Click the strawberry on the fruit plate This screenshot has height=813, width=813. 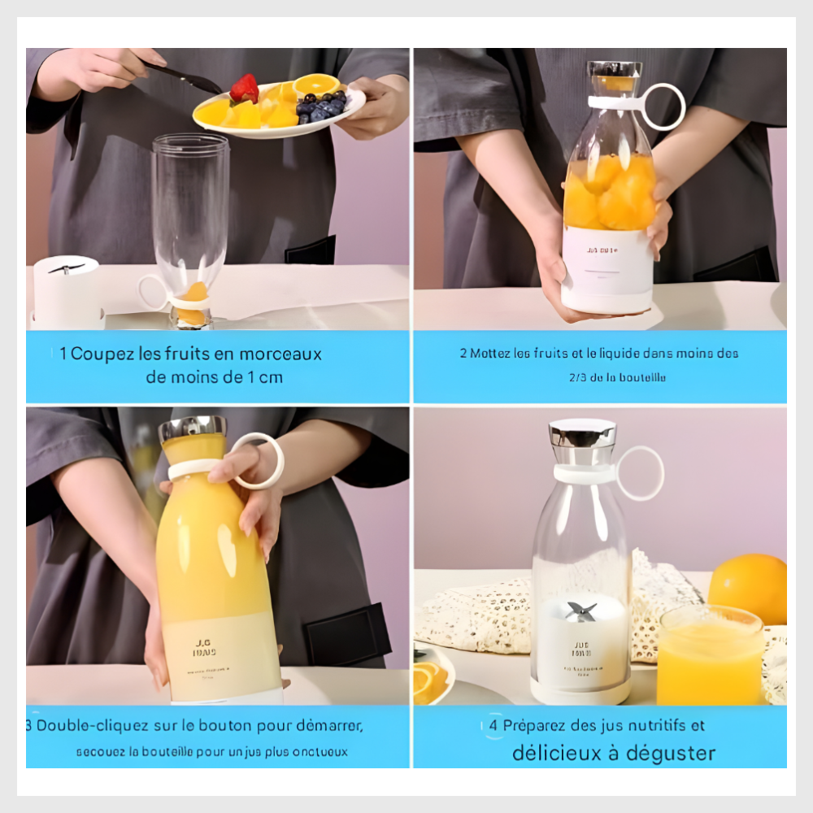point(244,88)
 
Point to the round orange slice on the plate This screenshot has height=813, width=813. point(317,84)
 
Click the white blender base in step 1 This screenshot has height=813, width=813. point(66,291)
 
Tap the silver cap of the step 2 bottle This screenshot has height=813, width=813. point(615,70)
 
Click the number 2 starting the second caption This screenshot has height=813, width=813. point(463,354)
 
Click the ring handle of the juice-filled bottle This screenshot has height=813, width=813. point(259,461)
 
